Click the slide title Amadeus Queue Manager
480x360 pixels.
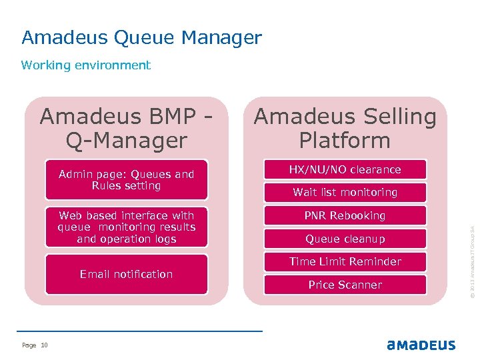141,38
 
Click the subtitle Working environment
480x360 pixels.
86,65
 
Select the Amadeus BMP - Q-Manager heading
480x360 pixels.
126,129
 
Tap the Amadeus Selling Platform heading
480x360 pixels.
345,129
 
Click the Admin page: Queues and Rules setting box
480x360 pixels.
126,180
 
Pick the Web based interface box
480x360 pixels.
126,227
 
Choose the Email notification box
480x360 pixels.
126,274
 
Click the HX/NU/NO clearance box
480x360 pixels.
345,169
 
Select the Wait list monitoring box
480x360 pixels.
345,193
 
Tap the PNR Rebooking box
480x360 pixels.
345,216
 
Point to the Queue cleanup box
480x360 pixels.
345,239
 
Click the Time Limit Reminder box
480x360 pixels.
345,262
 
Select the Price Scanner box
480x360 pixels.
345,285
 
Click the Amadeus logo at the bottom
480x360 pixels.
421,345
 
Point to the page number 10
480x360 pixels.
45,345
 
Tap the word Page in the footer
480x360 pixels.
29,345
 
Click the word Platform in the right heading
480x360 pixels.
345,141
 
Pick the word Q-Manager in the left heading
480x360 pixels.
126,141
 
